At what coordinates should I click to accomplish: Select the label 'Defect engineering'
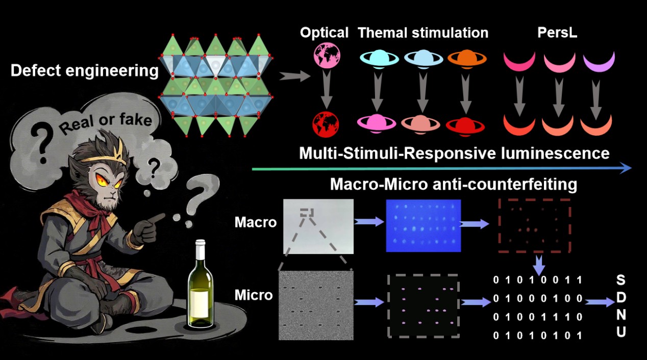84,71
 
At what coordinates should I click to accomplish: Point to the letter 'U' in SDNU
620,332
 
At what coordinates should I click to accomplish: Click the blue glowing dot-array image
423,226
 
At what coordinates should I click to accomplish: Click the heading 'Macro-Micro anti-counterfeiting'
453,184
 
